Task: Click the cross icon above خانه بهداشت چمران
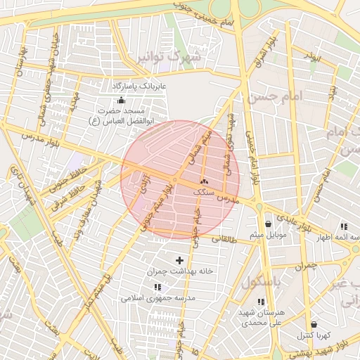(x=179, y=260)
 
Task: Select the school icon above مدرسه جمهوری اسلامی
(x=157, y=287)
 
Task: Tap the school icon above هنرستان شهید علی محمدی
(x=262, y=302)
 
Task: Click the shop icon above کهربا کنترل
(x=313, y=324)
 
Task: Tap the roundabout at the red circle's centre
(x=180, y=180)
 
